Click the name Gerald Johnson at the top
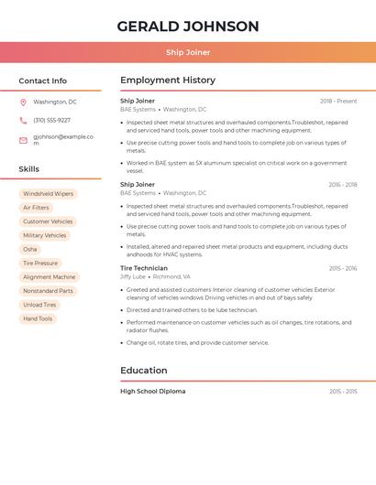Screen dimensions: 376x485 click(188, 26)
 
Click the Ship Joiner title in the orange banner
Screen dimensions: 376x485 click(188, 52)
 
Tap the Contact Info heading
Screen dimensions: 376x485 click(43, 81)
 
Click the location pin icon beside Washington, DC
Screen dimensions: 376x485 click(23, 102)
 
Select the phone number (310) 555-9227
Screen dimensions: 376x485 click(51, 121)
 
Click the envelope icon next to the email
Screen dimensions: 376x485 click(23, 140)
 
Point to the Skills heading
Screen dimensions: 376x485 click(29, 169)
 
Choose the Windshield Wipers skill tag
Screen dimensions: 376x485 click(49, 194)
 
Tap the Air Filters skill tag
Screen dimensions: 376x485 click(37, 208)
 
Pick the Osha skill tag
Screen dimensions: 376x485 click(30, 249)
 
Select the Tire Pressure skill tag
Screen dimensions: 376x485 click(40, 264)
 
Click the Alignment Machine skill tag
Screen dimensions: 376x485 click(50, 277)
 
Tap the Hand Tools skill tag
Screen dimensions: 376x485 click(38, 318)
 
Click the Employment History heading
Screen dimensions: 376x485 click(168, 81)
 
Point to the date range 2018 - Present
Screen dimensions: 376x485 click(338, 102)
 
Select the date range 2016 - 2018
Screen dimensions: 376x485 click(342, 185)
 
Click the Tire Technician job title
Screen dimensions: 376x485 click(144, 268)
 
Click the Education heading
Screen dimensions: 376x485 click(144, 371)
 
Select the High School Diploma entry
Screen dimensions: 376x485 click(153, 392)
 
